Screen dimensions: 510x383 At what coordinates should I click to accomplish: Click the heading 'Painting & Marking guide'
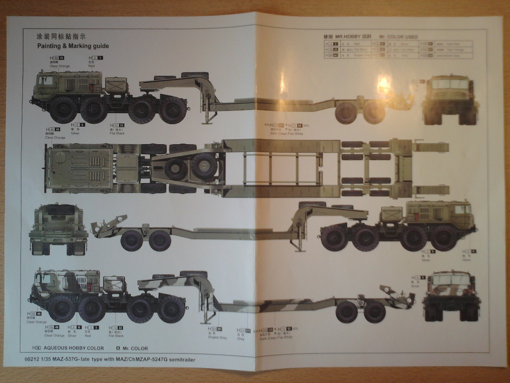pyautogui.click(x=73, y=46)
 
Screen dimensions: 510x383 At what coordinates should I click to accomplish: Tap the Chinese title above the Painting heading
pyautogui.click(x=61, y=36)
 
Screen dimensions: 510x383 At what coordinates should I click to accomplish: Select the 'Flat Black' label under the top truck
pyautogui.click(x=117, y=134)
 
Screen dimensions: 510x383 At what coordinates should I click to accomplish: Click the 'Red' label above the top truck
pyautogui.click(x=92, y=66)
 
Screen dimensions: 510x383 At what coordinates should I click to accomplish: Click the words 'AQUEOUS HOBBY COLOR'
pyautogui.click(x=74, y=348)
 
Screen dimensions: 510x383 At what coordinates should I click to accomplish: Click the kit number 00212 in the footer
pyautogui.click(x=31, y=359)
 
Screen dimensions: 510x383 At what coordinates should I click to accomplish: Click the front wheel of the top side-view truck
pyautogui.click(x=63, y=110)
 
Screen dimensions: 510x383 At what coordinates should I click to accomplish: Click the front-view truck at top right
pyautogui.click(x=450, y=100)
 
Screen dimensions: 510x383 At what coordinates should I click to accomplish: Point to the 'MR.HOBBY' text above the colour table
pyautogui.click(x=347, y=37)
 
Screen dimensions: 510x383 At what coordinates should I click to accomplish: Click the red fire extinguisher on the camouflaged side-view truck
pyautogui.click(x=90, y=287)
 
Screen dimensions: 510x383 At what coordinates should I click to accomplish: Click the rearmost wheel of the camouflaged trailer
pyautogui.click(x=375, y=312)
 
